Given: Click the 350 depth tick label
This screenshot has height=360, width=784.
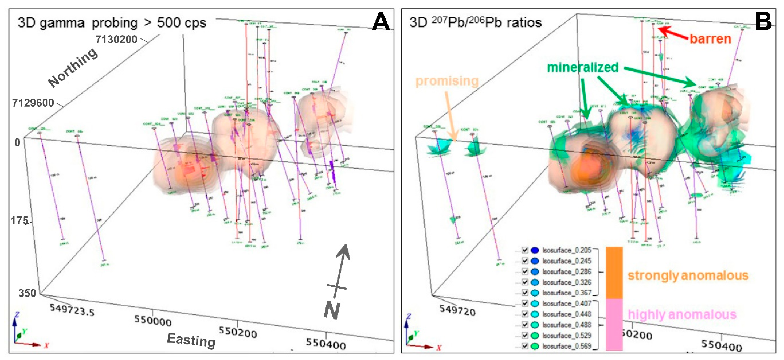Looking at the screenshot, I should pos(27,293).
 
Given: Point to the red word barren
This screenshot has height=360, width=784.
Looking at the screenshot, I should pos(710,39).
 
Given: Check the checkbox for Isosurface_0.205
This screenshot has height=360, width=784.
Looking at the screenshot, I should pos(525,250).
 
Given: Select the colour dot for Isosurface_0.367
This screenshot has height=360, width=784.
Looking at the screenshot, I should pos(535,293).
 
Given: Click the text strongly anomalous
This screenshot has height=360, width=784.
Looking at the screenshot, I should pos(688,275).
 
